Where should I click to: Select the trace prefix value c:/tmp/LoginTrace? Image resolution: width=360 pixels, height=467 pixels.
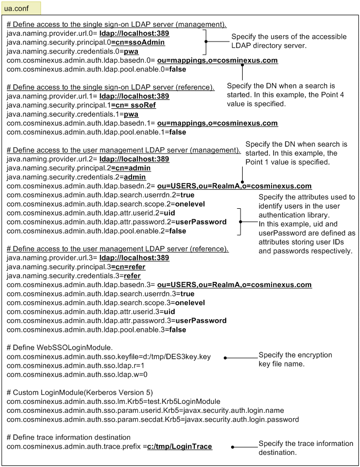[179, 446]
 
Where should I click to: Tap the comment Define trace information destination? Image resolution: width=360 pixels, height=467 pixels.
[69, 438]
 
